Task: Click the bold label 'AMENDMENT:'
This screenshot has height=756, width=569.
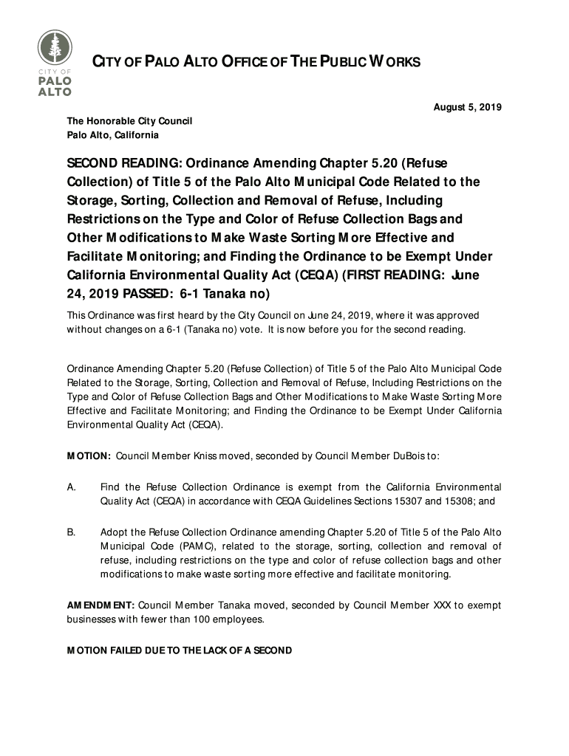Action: (100, 605)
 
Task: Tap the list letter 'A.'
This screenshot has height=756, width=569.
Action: (72, 487)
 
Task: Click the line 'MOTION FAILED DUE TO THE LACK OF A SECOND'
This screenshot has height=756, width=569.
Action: (179, 650)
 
